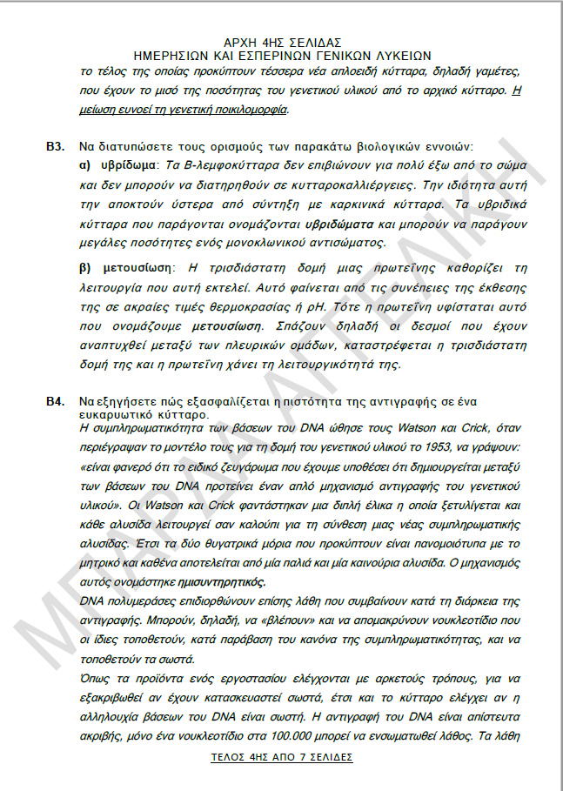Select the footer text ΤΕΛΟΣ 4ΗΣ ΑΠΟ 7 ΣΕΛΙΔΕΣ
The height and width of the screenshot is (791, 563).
click(282, 757)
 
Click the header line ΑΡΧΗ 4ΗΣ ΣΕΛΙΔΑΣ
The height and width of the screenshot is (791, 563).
click(282, 42)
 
